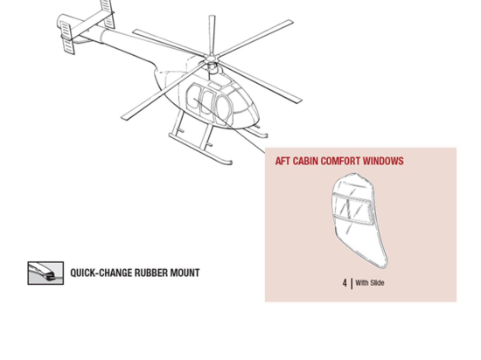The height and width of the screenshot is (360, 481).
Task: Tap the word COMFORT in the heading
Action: [347, 162]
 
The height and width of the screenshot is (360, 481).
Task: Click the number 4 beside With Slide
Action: [345, 282]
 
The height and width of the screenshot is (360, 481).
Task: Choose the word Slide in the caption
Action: [376, 283]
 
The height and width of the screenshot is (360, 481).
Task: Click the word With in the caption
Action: [361, 283]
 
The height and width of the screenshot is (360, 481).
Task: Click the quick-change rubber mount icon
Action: [45, 273]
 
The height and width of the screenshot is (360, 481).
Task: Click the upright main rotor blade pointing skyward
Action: [211, 35]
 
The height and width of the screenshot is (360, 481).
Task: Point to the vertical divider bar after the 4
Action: [351, 282]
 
